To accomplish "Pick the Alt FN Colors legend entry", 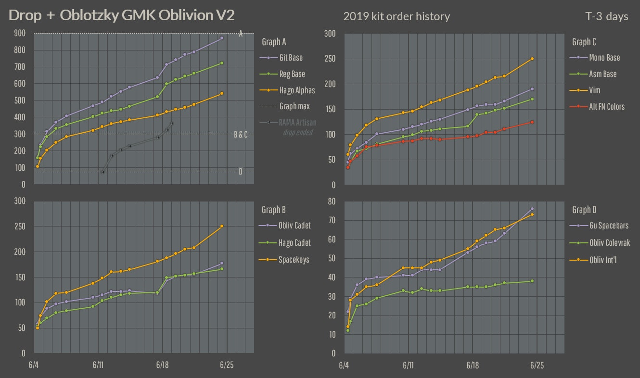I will (607, 106).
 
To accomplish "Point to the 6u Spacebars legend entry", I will (608, 226).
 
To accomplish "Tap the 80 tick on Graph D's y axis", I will (332, 202).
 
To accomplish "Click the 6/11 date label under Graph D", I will (408, 365).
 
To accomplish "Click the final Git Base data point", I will (222, 38).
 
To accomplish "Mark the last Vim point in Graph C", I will (532, 59).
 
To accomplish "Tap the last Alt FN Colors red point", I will (532, 122).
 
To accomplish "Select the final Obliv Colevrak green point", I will (532, 281).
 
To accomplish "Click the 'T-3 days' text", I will (604, 16).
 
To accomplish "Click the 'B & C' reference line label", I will (241, 134).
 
